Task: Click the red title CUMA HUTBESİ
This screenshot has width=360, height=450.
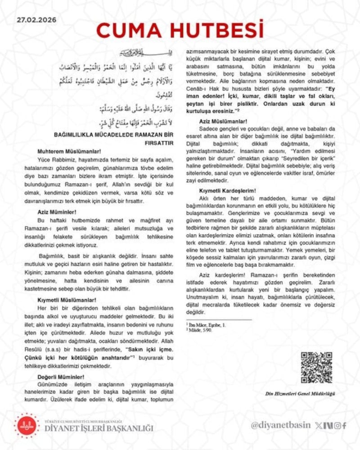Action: point(180,29)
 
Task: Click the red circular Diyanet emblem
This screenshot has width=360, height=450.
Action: point(27,425)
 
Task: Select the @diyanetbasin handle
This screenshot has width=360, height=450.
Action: point(281,425)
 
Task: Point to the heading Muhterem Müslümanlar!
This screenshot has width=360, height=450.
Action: point(69,152)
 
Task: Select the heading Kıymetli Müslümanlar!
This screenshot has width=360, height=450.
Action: point(67,299)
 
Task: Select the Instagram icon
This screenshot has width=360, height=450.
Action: point(337,425)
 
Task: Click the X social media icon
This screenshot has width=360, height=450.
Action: point(319,425)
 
